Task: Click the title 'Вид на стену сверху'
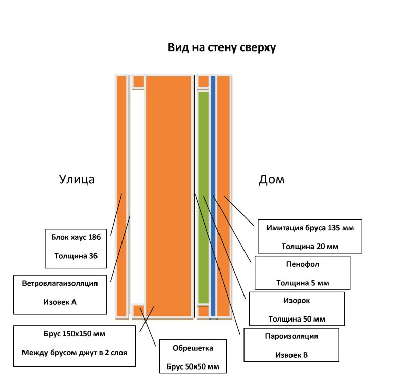pyautogui.click(x=222, y=48)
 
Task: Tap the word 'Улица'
pyautogui.click(x=77, y=179)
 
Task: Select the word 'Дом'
pyautogui.click(x=272, y=179)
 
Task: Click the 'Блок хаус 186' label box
pyautogui.click(x=76, y=248)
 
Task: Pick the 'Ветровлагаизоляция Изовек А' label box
pyautogui.click(x=60, y=295)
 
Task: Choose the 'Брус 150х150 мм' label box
pyautogui.click(x=75, y=346)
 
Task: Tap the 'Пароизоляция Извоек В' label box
pyautogui.click(x=291, y=345)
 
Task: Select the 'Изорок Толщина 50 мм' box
pyautogui.click(x=297, y=308)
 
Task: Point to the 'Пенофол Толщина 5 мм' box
pyautogui.click(x=302, y=273)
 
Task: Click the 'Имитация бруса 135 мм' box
pyautogui.click(x=310, y=236)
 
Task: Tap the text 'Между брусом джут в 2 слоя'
pyautogui.click(x=75, y=353)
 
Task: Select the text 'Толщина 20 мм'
pyautogui.click(x=310, y=246)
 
